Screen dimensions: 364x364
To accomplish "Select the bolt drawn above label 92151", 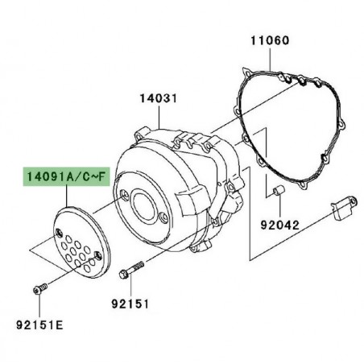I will tap(132, 275).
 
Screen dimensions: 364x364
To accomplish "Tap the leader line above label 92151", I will tap(132, 291).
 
